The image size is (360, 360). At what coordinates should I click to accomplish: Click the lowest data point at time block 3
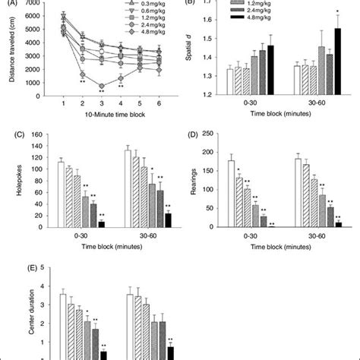click(100, 85)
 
